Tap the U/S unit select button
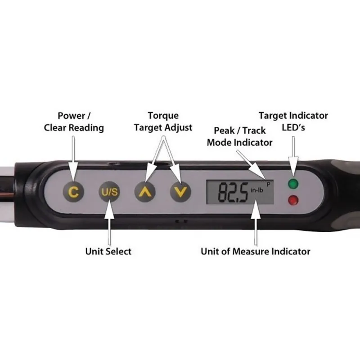[109, 192]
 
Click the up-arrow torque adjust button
[145, 192]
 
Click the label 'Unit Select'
[108, 251]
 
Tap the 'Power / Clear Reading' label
[74, 121]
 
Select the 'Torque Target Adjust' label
[163, 121]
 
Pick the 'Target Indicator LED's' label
[293, 121]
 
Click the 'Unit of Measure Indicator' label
[255, 251]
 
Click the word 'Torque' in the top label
[163, 116]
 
